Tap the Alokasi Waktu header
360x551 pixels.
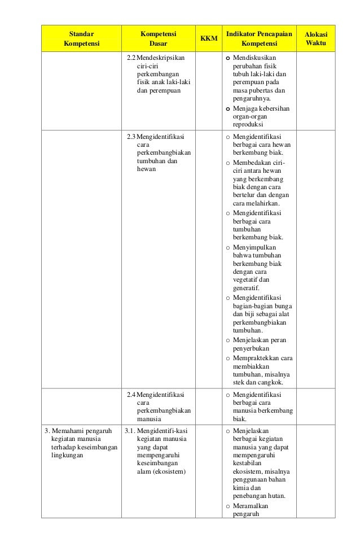[x=315, y=38]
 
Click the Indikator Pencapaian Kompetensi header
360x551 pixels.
[x=259, y=38]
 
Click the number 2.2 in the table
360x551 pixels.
[x=131, y=58]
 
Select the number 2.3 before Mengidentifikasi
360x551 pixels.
[x=131, y=137]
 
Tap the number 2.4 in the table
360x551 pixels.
[x=131, y=394]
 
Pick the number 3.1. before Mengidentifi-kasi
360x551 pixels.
[x=130, y=431]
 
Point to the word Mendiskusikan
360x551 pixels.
[x=256, y=58]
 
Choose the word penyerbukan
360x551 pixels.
[x=251, y=348]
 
